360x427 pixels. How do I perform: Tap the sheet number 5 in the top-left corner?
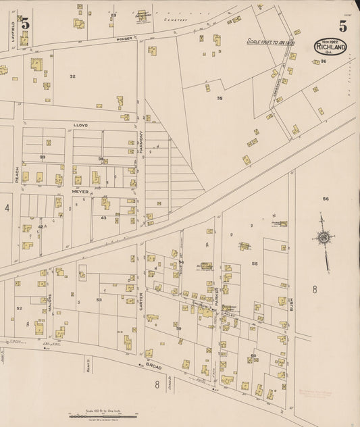click(x=25, y=24)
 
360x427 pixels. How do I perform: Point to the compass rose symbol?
click(x=324, y=238)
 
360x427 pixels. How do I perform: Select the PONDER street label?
click(x=124, y=39)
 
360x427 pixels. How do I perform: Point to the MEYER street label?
click(x=81, y=192)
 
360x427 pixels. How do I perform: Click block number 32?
click(x=72, y=76)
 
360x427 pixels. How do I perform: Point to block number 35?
click(x=220, y=98)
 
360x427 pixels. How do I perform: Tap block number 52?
click(x=20, y=308)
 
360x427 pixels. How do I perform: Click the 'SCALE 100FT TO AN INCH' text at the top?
click(x=272, y=41)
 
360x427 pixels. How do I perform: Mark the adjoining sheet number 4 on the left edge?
click(x=7, y=208)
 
